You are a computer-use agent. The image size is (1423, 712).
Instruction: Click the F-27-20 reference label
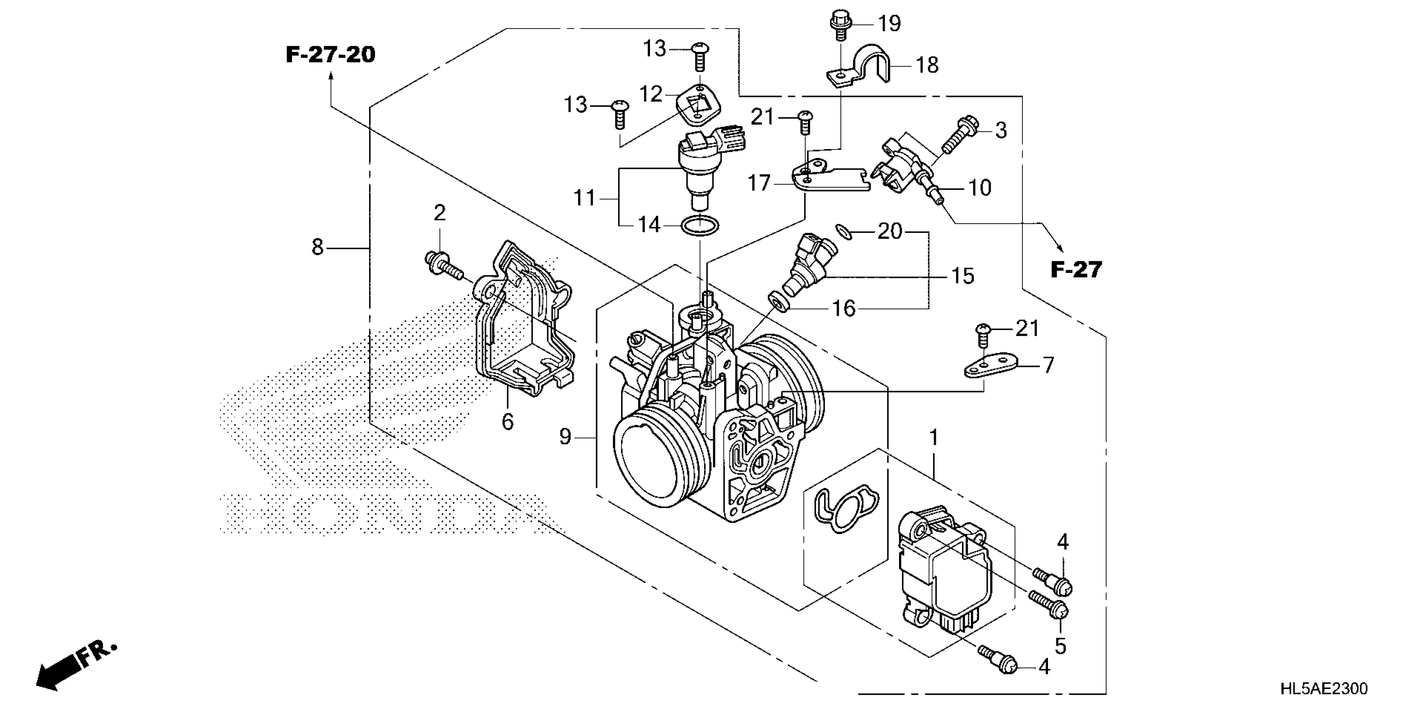point(330,55)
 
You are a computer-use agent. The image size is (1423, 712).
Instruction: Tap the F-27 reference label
point(1076,270)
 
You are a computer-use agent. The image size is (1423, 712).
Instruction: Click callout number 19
point(889,24)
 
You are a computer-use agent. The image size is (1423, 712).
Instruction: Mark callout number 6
point(508,422)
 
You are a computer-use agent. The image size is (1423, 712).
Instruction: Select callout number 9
point(565,437)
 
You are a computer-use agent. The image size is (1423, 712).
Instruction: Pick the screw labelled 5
point(1048,605)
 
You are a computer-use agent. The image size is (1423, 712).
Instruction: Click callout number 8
point(317,247)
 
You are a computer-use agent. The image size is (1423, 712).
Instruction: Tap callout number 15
point(962,276)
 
